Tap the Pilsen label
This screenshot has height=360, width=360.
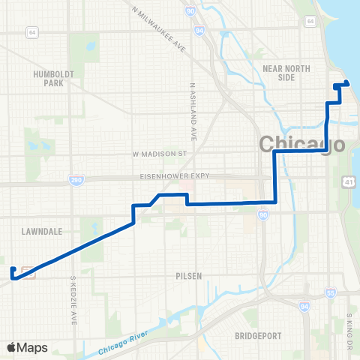click(190, 276)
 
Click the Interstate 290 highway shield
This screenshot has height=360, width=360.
click(76, 181)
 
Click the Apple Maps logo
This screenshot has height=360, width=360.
click(27, 347)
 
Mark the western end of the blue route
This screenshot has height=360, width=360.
click(13, 268)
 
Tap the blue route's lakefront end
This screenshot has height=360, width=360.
click(346, 83)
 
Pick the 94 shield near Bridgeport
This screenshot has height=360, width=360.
click(303, 307)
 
